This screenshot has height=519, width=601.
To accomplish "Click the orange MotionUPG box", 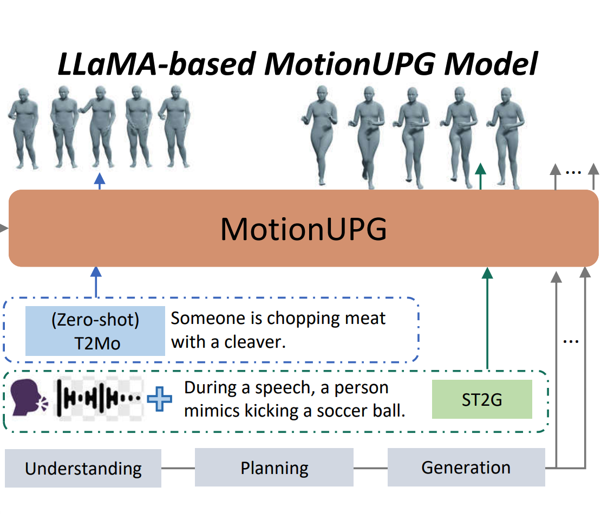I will pos(303,228).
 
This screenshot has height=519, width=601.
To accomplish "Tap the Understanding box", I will pos(83,468).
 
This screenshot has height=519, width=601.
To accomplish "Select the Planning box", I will pos(274,468).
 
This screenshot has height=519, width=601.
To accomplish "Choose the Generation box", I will pos(466,467).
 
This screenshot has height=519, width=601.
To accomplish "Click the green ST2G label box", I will pos(482,400).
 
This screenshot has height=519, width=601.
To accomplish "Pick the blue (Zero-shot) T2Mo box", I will pos(95,330).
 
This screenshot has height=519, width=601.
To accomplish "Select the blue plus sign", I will pos(160,399).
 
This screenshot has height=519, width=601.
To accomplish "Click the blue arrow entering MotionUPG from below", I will pos(96,282).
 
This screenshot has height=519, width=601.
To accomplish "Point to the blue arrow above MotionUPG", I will pos(100,181).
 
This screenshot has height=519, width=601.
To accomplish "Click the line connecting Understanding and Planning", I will pos(178,468).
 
